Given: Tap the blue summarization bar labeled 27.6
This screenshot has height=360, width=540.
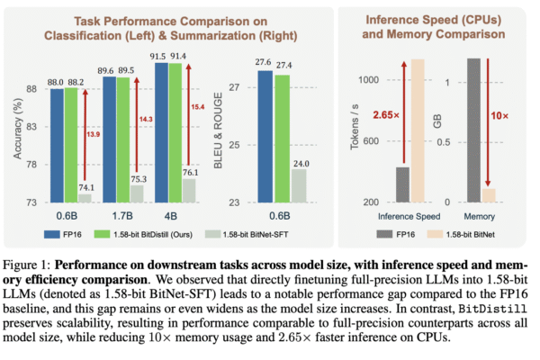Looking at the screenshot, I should tap(265, 136).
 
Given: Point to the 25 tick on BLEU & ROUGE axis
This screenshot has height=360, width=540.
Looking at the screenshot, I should tap(235, 145).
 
